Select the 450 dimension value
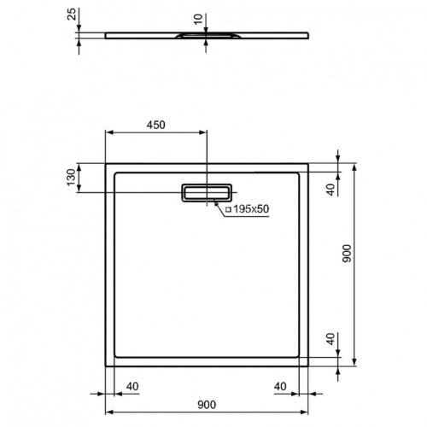pos(155,124)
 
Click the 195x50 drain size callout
pos(251,209)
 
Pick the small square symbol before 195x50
pos(228,209)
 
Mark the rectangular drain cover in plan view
pos(206,193)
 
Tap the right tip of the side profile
pos(307,35)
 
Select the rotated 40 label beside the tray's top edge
pos(331,189)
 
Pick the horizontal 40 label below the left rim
pos(132,384)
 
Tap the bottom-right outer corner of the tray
pos(307,363)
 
